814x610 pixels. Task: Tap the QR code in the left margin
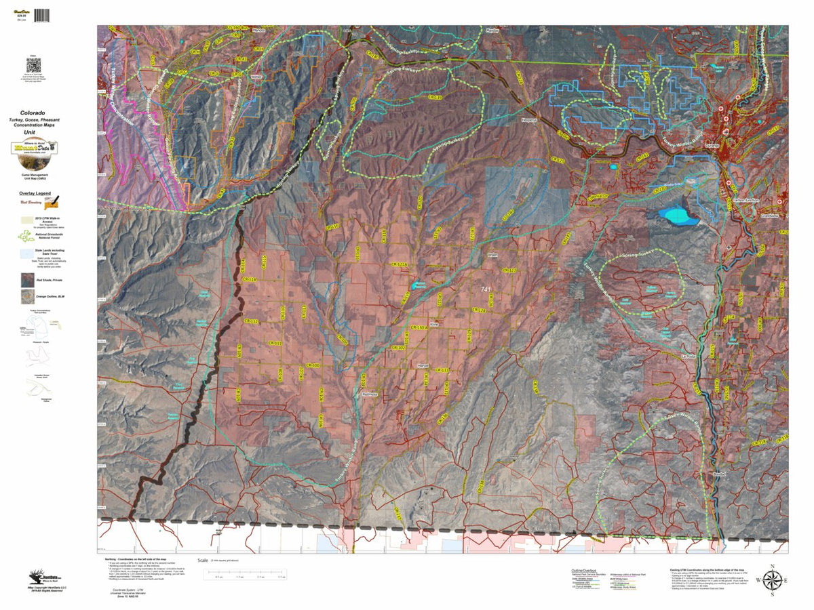[34, 65]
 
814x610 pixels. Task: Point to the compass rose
[772, 580]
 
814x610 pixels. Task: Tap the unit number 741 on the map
[486, 289]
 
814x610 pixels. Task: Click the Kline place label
[435, 324]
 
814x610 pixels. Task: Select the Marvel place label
[424, 365]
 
